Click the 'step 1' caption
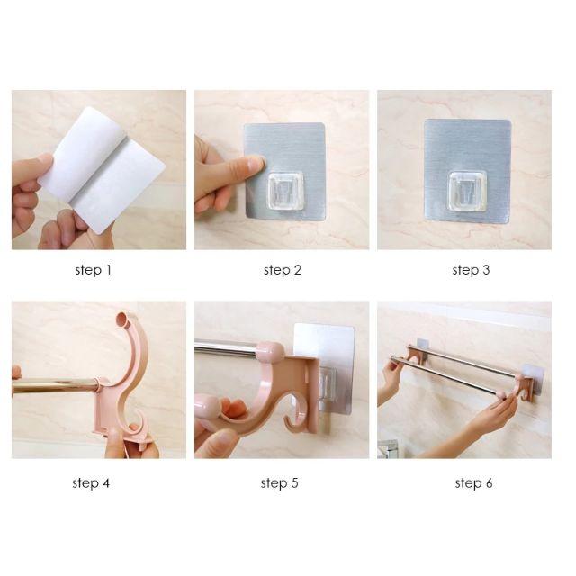coord(93,269)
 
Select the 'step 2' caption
coord(283,269)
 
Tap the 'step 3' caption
coord(465,269)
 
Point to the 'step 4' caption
coord(91,483)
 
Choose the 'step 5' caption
coord(280,483)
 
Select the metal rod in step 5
coord(225,348)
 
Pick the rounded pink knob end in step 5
coord(210,412)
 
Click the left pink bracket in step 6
coord(415,355)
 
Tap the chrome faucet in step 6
coord(389,447)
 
